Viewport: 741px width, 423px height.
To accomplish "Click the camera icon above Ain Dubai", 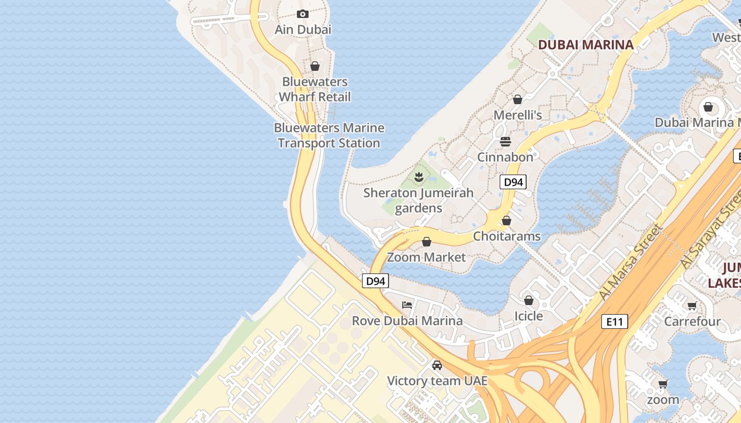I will point(303,14).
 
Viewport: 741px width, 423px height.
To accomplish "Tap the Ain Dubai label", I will point(303,30).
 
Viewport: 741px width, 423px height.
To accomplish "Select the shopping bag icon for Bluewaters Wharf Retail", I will point(315,66).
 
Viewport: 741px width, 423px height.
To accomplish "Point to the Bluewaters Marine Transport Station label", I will point(329,135).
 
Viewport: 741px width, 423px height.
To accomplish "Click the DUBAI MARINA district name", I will point(585,45).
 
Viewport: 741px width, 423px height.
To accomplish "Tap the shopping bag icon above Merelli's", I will point(518,99).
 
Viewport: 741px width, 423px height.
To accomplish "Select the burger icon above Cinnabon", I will point(505,142).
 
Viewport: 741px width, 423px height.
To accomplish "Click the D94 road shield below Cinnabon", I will point(513,182).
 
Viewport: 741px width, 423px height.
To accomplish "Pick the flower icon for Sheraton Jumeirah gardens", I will point(419,177).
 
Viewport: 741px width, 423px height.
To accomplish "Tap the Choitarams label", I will point(507,236).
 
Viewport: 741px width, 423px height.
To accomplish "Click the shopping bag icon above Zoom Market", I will point(427,242).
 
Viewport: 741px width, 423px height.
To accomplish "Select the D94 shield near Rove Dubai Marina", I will point(375,281).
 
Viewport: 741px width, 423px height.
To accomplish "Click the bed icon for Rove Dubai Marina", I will point(407,305).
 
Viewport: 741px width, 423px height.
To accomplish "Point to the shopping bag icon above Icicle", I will point(528,300).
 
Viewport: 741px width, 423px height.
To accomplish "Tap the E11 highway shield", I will point(614,321).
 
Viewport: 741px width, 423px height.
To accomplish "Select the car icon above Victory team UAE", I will point(437,365).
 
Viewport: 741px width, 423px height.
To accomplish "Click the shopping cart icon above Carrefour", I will point(692,306).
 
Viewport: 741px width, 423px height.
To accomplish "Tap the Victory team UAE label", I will point(437,381).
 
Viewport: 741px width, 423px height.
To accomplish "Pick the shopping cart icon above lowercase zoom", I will point(663,384).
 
